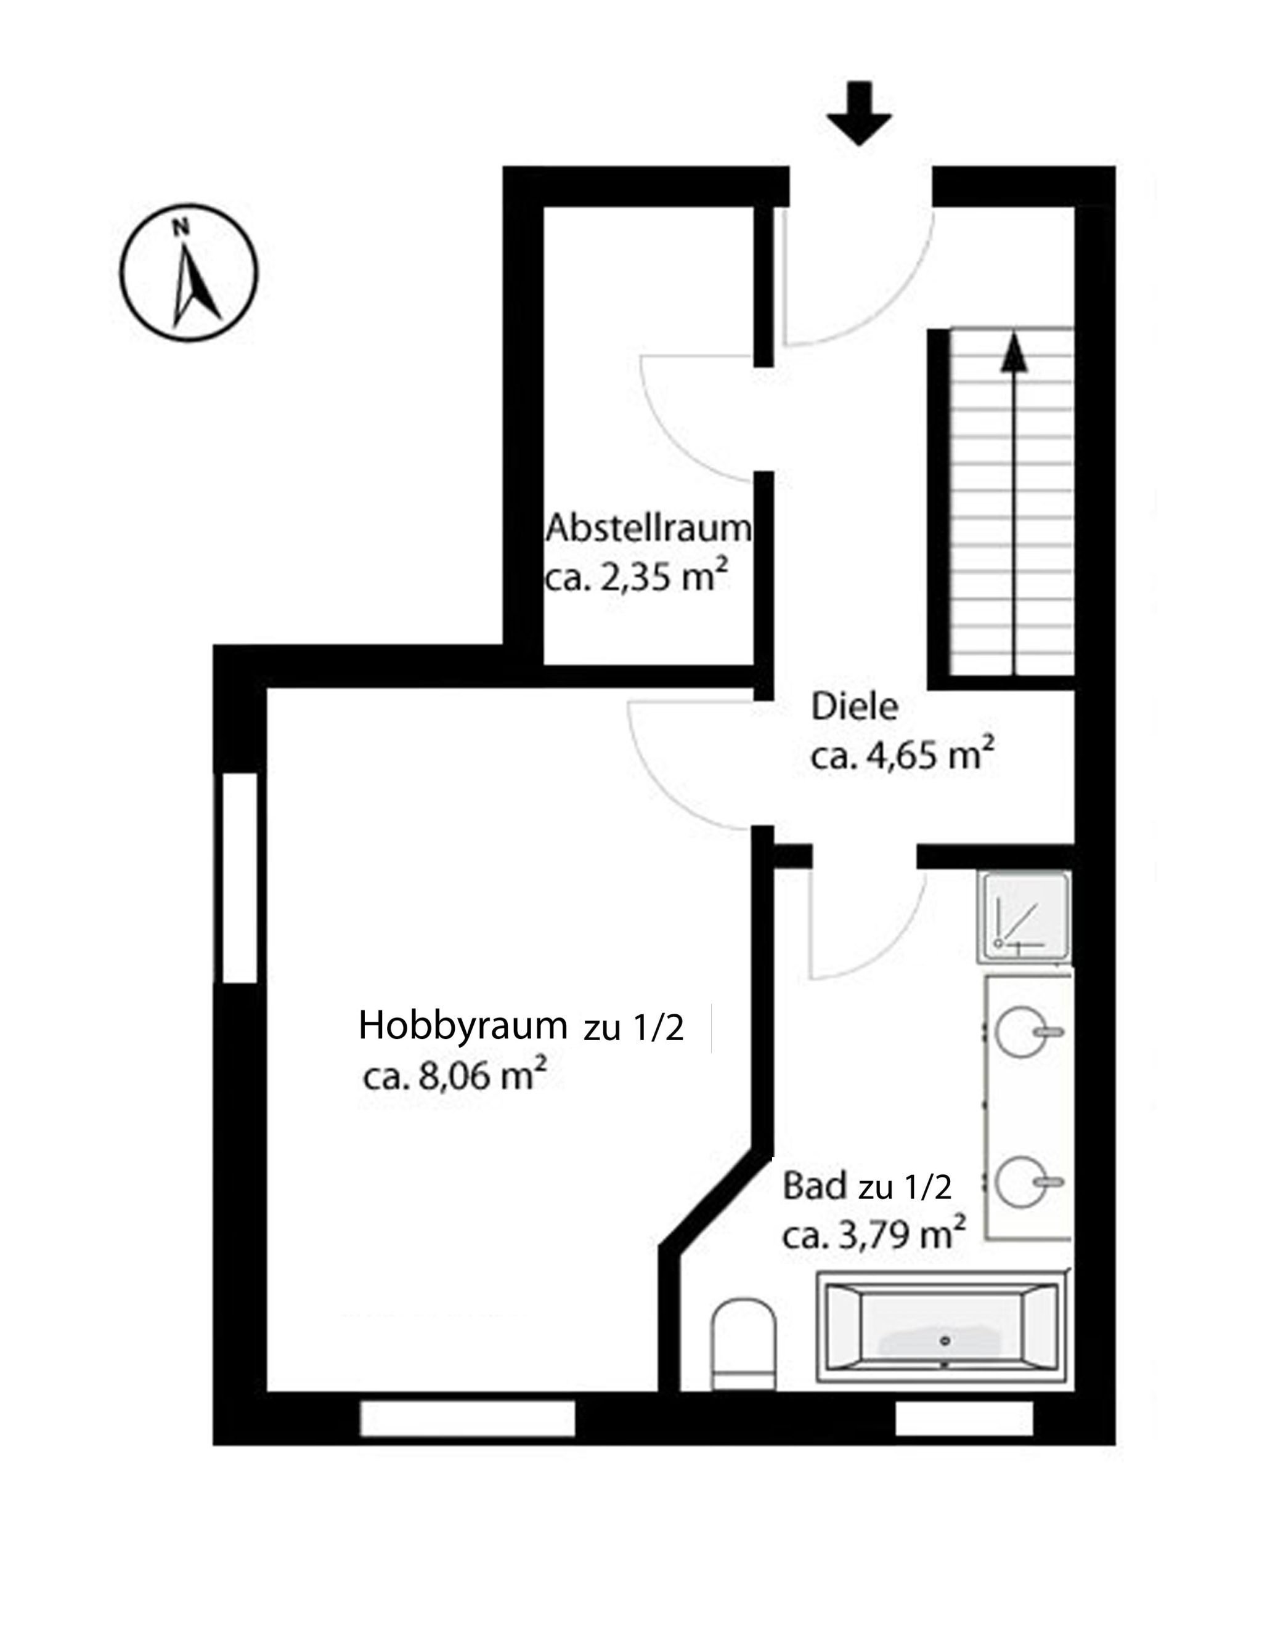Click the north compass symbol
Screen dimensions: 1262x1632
pos(189,273)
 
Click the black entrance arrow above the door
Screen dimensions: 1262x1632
pos(859,113)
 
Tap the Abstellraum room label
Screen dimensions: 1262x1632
pos(648,528)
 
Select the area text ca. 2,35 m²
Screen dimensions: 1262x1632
pos(636,577)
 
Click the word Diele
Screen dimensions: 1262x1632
pos(855,706)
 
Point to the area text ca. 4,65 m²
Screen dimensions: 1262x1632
pos(902,755)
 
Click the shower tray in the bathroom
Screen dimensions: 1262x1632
pos(1024,916)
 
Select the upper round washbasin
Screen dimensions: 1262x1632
pos(1021,1031)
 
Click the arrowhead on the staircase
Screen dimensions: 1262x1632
pos(1013,351)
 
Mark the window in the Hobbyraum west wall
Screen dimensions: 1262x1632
pos(240,877)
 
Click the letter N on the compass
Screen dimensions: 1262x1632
pos(179,227)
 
